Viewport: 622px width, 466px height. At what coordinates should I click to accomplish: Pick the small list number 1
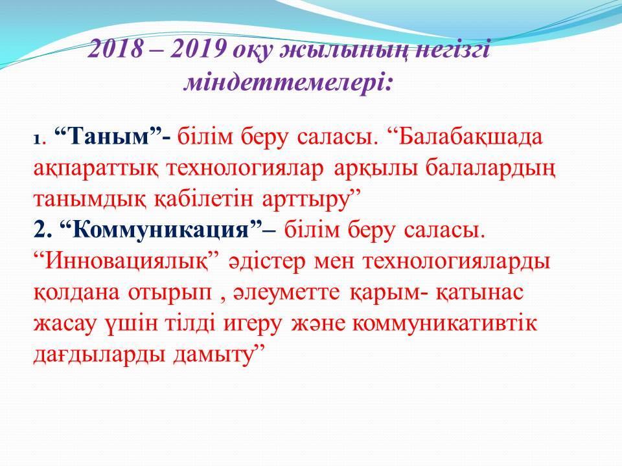(37, 140)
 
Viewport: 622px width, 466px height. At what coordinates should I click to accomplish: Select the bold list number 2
(40, 230)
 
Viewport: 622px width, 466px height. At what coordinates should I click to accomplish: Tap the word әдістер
(267, 262)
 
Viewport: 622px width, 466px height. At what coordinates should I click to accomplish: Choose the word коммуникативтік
(444, 324)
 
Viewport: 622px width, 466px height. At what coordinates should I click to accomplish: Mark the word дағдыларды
(99, 355)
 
